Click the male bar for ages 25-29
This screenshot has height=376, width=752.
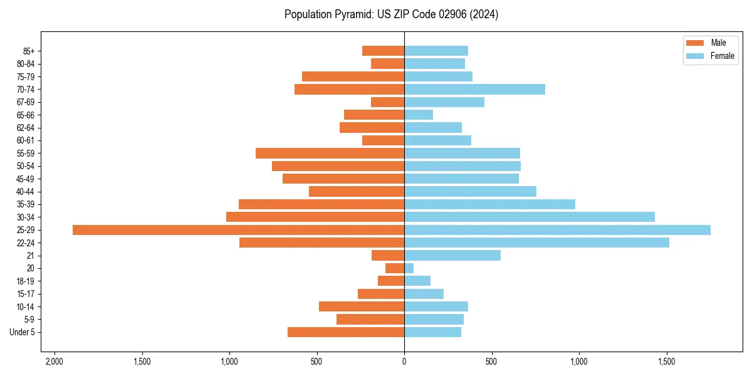pyautogui.click(x=238, y=230)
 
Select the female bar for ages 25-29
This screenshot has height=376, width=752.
pyautogui.click(x=557, y=230)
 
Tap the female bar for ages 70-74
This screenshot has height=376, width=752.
pyautogui.click(x=474, y=90)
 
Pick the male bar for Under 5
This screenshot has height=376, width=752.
pyautogui.click(x=346, y=332)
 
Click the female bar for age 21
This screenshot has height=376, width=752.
pyautogui.click(x=452, y=256)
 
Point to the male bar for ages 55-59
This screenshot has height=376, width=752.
pyautogui.click(x=330, y=154)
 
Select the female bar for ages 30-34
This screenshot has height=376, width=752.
pyautogui.click(x=530, y=217)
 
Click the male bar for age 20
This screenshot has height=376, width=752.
pyautogui.click(x=395, y=268)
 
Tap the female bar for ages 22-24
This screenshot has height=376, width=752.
pyautogui.click(x=536, y=243)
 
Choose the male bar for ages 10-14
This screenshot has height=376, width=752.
pyautogui.click(x=362, y=306)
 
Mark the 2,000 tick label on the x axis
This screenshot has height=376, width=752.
pyautogui.click(x=55, y=361)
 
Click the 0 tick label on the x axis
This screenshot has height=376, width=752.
pyautogui.click(x=404, y=361)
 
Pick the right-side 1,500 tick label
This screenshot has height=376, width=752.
pyautogui.click(x=666, y=361)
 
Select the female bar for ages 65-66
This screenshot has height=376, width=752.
pyautogui.click(x=419, y=115)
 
